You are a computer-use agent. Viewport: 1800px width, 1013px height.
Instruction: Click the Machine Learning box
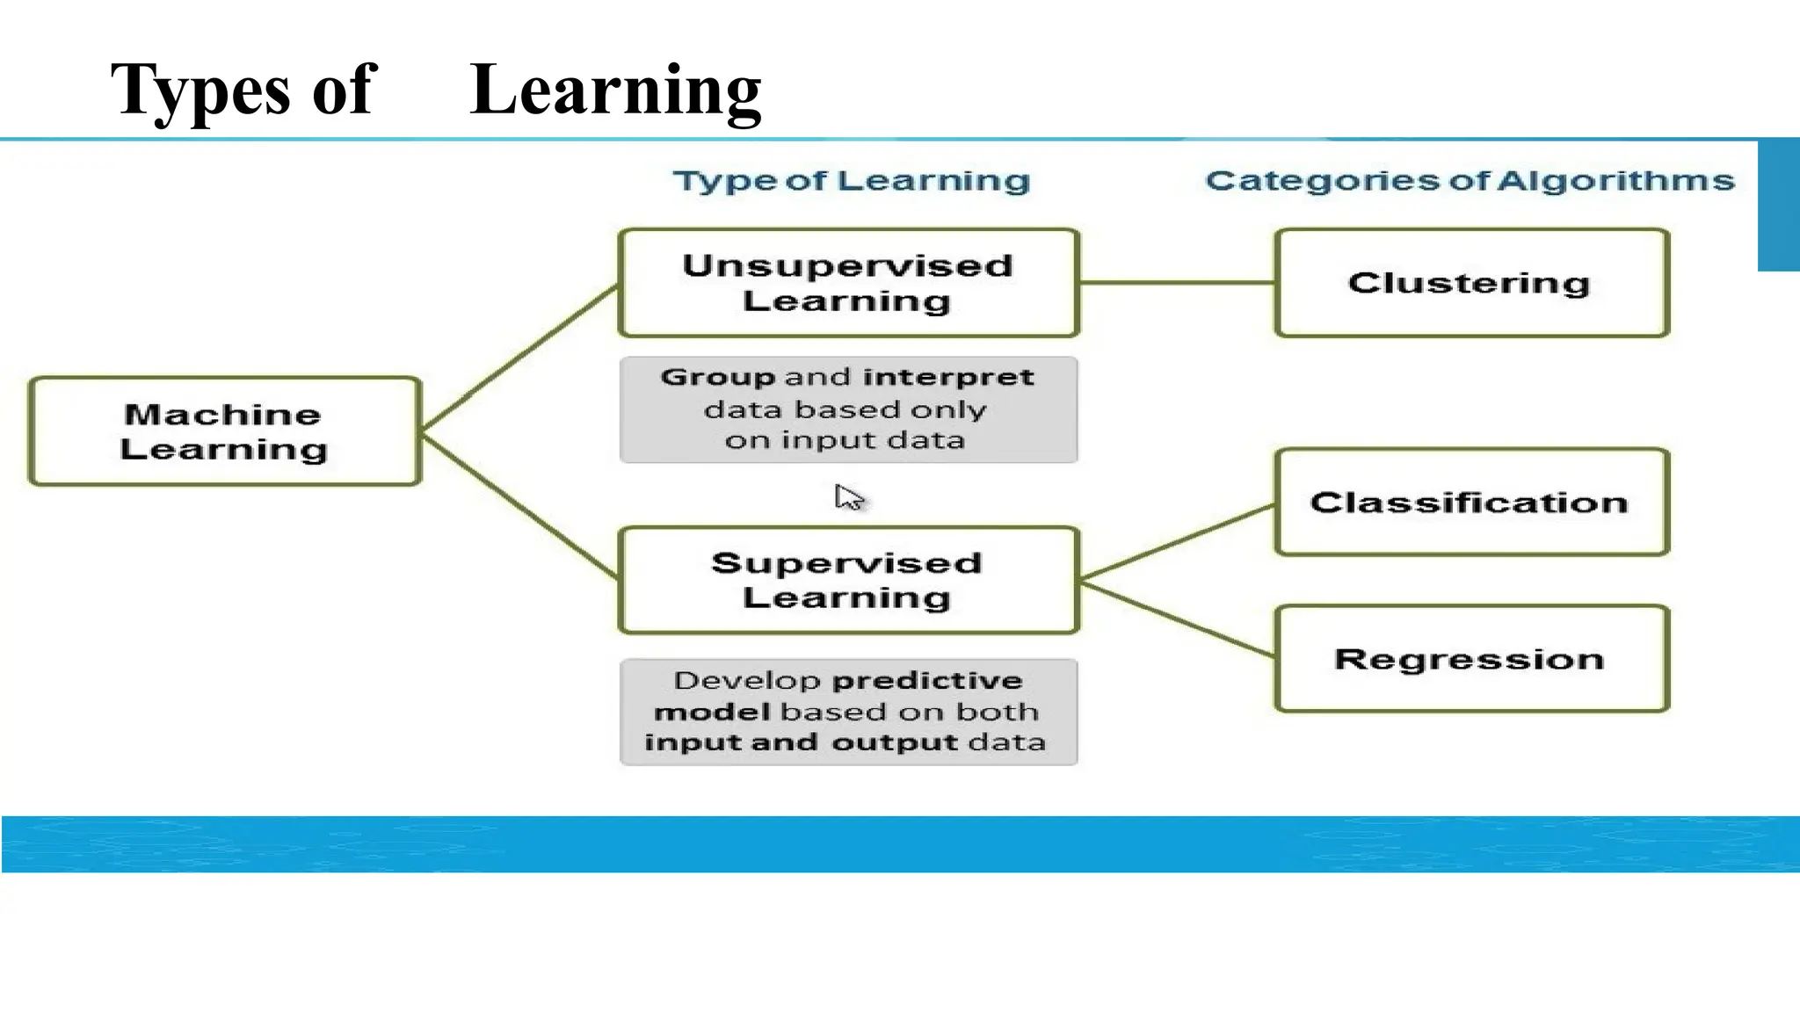[224, 431]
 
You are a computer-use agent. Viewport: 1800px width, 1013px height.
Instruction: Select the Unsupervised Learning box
[847, 283]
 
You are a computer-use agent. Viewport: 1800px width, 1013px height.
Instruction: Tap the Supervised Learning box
[847, 580]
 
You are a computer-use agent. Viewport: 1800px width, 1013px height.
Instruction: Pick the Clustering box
[1470, 283]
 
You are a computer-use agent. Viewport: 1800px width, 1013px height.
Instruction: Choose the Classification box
[1470, 503]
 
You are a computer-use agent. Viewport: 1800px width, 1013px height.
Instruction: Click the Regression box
[1470, 659]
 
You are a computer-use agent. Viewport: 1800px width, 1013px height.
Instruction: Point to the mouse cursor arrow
[847, 496]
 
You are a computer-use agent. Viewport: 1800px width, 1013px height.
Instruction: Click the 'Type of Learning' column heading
[851, 181]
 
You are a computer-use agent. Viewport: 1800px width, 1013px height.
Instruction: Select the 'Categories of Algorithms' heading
[1470, 181]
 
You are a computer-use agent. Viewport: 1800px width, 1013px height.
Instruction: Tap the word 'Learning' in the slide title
[615, 90]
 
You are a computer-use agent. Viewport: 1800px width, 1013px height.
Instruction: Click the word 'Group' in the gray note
[718, 378]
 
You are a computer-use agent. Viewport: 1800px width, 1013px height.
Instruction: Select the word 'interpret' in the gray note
[948, 378]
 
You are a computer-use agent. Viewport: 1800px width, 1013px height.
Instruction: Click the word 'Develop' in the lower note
[747, 681]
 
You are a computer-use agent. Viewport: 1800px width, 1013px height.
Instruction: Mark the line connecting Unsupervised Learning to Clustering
[1176, 283]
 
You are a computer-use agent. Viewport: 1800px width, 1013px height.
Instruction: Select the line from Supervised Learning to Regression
[1176, 619]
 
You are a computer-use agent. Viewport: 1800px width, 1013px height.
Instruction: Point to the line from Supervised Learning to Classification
[1176, 542]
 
